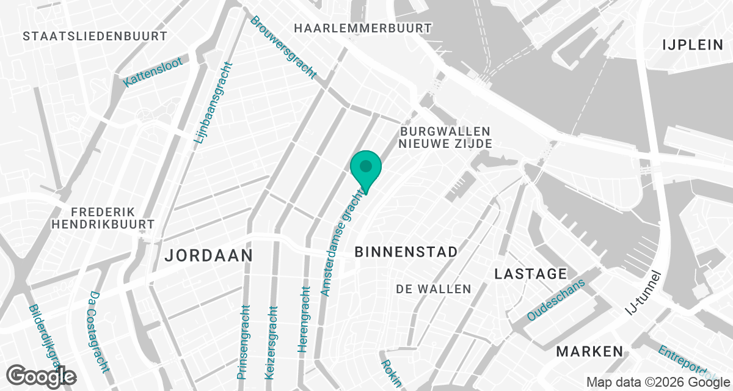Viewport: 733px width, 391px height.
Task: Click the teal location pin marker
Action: pyautogui.click(x=366, y=169)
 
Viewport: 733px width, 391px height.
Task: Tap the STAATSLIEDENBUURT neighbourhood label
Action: pyautogui.click(x=95, y=36)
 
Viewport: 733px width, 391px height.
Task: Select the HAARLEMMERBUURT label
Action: pyautogui.click(x=363, y=28)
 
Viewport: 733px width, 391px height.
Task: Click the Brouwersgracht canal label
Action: pyautogui.click(x=283, y=47)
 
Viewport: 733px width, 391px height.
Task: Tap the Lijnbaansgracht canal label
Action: pyautogui.click(x=213, y=104)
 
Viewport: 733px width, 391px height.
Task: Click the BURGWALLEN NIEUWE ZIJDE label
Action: pyautogui.click(x=445, y=137)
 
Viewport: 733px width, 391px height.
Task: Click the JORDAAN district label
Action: pyautogui.click(x=209, y=255)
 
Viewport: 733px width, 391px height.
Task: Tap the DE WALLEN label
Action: pyautogui.click(x=434, y=289)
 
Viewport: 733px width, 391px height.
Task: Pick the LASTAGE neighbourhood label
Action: pyautogui.click(x=531, y=274)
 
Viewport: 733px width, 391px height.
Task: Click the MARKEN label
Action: pyautogui.click(x=590, y=351)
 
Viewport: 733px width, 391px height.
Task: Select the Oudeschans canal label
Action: pyautogui.click(x=556, y=300)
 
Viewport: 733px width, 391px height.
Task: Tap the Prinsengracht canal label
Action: pyautogui.click(x=244, y=342)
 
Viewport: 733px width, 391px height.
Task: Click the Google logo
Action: pyautogui.click(x=41, y=376)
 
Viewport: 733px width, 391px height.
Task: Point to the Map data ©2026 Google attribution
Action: pyautogui.click(x=657, y=382)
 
